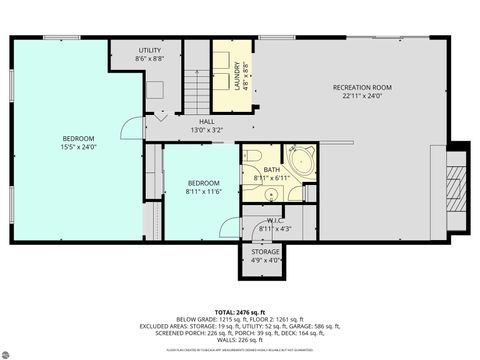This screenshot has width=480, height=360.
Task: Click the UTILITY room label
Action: pos(150,49)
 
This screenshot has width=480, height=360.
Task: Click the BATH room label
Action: pos(265,171)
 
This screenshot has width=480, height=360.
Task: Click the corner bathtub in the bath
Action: pos(300,160)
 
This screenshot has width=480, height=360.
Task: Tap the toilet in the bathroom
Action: pos(252,156)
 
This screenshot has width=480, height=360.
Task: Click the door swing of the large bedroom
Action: pos(130,128)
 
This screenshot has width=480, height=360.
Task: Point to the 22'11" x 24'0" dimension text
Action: pos(362,97)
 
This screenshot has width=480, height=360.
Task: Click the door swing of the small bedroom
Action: pos(230,228)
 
